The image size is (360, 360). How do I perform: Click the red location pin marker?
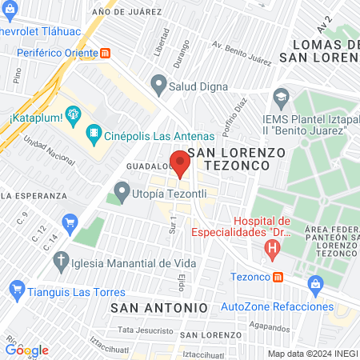point(181,163)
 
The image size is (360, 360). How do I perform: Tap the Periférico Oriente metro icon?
point(106,53)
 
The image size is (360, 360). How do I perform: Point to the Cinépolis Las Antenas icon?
point(94,134)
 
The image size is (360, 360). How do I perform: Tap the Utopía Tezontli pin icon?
point(122,191)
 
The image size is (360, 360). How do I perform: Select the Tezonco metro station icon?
point(278,277)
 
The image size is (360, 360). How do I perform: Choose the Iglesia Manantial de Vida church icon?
point(61,261)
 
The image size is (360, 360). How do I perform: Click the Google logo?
point(27,350)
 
